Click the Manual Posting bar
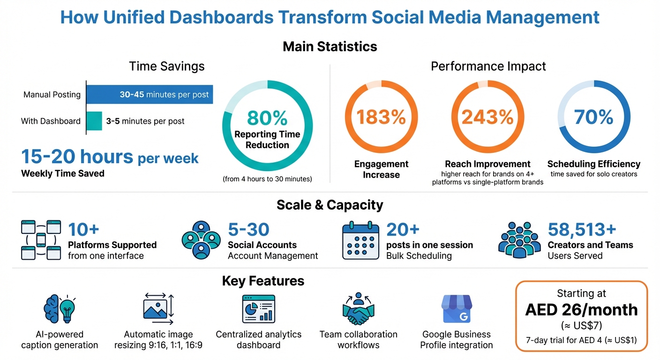coord(150,94)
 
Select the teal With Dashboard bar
coord(94,121)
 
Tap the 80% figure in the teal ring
coord(267,118)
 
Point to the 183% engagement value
coord(381,117)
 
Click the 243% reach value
coord(487,117)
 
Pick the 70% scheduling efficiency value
coord(593,117)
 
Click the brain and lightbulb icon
coord(60,309)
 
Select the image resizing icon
coord(158,309)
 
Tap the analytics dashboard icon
coord(258,309)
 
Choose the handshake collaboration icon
coord(358,309)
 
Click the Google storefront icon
coord(456,309)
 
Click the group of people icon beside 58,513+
coord(519,240)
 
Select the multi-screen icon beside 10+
coord(41,240)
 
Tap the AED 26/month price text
coord(581,310)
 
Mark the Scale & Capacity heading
coord(330,205)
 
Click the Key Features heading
coord(263,281)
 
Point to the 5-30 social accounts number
coord(248,230)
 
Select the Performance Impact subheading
coord(488,66)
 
